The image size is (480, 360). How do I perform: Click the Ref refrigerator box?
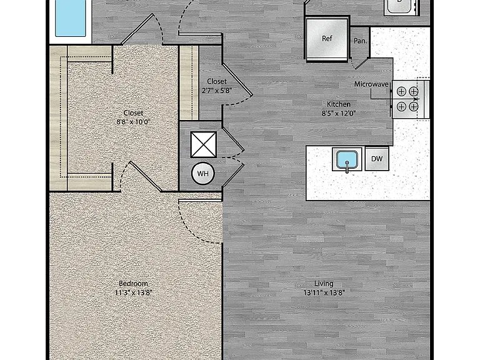pos(327,39)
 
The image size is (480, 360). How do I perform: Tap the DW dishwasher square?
pos(377,159)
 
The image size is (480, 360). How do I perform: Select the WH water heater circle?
pos(202,174)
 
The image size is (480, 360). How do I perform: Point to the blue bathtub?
pos(71,17)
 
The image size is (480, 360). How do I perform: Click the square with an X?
pos(204,144)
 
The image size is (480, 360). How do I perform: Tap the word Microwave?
pos(371,84)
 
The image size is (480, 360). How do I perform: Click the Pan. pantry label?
pos(360,41)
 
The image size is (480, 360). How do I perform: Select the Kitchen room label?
pos(339,104)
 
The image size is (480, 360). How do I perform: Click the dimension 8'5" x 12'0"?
pos(339,114)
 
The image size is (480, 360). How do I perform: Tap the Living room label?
pos(324,284)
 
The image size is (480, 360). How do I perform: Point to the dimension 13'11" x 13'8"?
pos(324,293)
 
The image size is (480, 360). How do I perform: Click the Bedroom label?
pos(133,284)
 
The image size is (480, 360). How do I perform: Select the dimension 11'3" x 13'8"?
pos(133,293)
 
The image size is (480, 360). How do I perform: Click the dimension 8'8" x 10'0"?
pos(133,122)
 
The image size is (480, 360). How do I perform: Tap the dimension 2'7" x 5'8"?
pos(217,91)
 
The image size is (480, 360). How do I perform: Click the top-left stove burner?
pos(401,91)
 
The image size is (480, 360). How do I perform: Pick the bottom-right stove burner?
pos(414,106)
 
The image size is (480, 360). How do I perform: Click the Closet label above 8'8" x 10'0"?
pos(133,113)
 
